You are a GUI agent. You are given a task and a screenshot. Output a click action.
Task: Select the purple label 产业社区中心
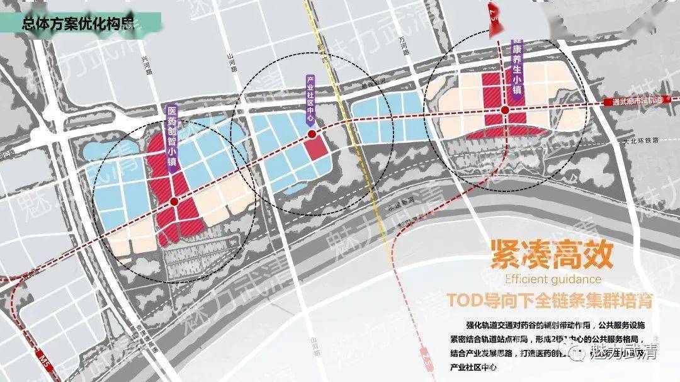coord(310,101)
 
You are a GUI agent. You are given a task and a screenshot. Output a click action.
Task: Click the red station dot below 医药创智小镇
coord(173,202)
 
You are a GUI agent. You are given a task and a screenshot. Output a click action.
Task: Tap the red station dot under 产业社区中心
coord(312,134)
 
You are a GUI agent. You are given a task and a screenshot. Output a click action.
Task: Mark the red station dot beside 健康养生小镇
coord(505,111)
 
